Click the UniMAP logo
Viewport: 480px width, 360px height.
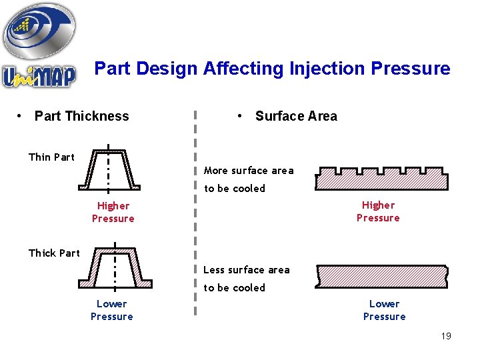(x=39, y=47)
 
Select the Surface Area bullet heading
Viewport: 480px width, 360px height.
(x=296, y=116)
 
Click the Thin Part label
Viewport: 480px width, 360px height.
(x=51, y=157)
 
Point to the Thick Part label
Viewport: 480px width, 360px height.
(x=54, y=253)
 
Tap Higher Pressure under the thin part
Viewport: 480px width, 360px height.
(x=113, y=212)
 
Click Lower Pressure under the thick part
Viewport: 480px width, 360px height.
(x=111, y=310)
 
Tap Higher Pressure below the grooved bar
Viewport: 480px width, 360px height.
(x=378, y=211)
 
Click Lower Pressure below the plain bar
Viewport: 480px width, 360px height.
(x=384, y=310)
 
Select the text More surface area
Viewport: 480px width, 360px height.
(x=248, y=171)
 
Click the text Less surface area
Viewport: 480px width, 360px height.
(x=246, y=270)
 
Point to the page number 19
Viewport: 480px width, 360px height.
(x=446, y=336)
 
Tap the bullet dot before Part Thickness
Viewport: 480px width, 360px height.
(x=21, y=116)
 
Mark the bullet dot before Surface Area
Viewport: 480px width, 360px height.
(x=239, y=116)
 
